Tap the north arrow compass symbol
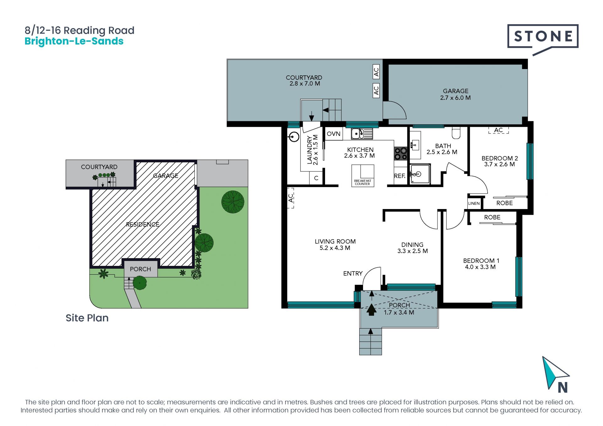555,375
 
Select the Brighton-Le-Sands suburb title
74,41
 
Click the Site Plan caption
87,318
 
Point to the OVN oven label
334,134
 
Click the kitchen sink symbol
362,134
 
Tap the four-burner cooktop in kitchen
401,154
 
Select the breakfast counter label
363,182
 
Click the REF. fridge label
400,176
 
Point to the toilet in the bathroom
456,133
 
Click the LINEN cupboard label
474,203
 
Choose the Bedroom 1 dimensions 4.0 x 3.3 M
480,267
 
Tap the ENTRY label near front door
353,273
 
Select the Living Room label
335,241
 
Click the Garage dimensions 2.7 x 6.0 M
455,98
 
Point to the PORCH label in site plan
140,269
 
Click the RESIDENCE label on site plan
143,224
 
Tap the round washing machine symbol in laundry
294,137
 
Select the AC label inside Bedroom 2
498,130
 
